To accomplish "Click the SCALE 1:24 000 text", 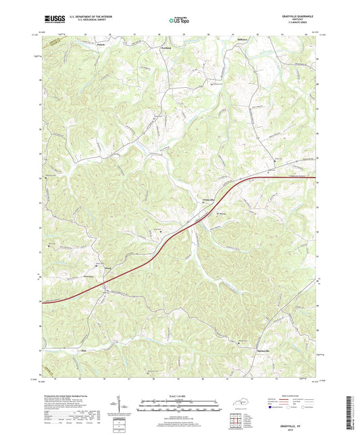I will (x=180, y=396).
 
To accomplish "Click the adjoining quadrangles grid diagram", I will (x=239, y=418).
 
